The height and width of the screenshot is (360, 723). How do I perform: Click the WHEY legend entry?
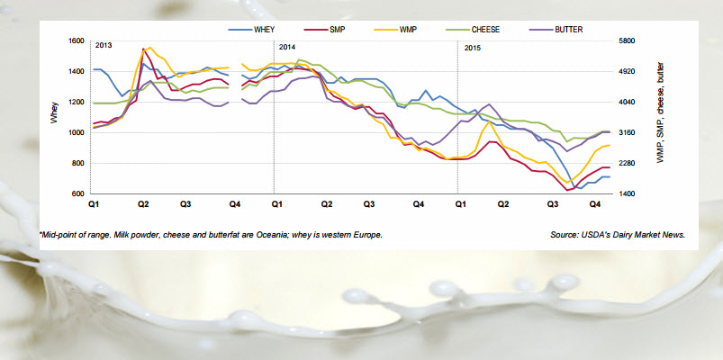[264, 30]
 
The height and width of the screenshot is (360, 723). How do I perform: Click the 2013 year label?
[104, 46]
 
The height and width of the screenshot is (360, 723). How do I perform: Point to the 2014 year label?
[288, 46]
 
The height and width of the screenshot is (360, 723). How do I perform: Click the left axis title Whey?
[55, 117]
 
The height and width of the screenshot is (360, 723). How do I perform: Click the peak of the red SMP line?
[144, 49]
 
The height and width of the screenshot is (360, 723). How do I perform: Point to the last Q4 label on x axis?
[595, 206]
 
